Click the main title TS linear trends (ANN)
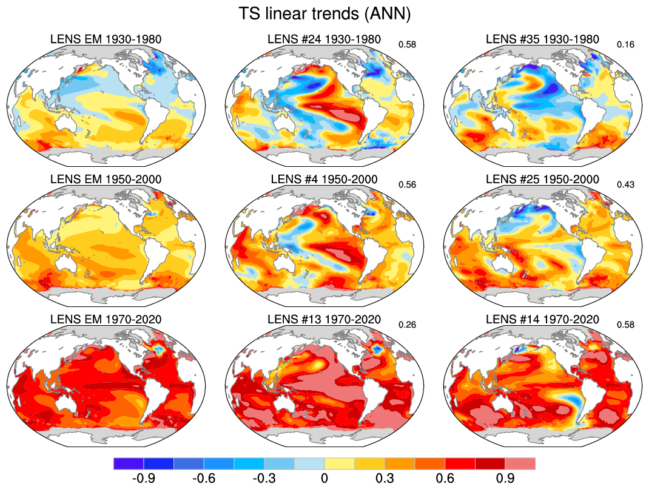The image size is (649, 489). coord(324,14)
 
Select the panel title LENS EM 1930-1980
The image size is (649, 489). coord(106,40)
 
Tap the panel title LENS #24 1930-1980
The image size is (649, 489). coord(324,40)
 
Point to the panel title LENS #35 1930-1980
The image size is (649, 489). coord(543,40)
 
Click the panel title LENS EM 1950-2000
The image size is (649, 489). coord(106,180)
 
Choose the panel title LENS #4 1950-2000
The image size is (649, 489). coord(324,180)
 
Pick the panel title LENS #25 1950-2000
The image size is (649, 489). coord(543,180)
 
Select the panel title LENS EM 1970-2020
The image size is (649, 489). coord(106,319)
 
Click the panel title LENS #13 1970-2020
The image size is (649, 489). coord(324,319)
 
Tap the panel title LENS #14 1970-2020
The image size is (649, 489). coord(543,319)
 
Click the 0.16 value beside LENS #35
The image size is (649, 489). coord(625,45)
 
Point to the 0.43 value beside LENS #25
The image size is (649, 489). coord(625,184)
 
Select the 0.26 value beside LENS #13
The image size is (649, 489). coord(406,325)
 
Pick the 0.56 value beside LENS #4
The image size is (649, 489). coord(406,184)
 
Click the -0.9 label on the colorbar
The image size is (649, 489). coord(143,478)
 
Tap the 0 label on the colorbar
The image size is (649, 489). coord(324,478)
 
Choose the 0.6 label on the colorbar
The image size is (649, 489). coord(445,478)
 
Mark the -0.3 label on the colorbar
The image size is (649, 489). coord(264,478)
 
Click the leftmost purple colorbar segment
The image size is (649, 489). coord(129,464)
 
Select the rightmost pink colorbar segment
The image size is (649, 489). coord(520,464)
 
